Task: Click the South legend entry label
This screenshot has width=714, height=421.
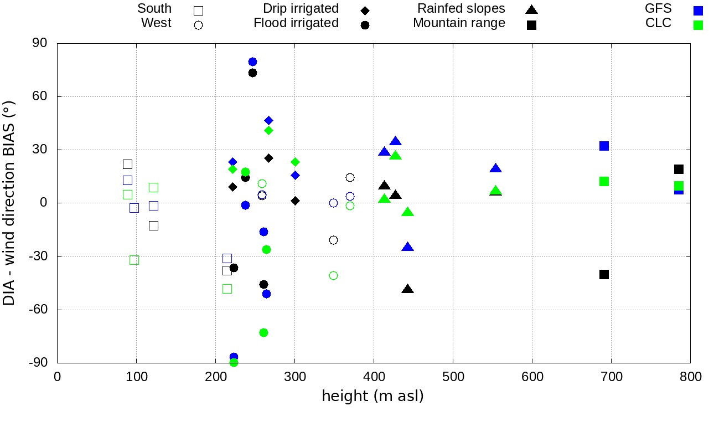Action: (x=154, y=9)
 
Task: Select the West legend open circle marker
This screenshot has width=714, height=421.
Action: (x=198, y=25)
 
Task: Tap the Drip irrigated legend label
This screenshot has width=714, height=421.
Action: (x=301, y=9)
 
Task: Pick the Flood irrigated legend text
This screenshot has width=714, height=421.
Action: (x=296, y=23)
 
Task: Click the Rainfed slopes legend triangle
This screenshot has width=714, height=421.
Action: (x=531, y=9)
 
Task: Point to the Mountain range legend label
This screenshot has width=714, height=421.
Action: (x=459, y=23)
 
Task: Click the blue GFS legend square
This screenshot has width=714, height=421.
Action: (x=698, y=10)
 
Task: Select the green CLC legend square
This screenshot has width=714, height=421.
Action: (x=698, y=25)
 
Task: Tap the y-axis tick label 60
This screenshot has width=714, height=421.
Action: (x=40, y=96)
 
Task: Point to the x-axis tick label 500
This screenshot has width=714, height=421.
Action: (x=453, y=377)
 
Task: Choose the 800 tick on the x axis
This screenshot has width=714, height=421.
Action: (x=690, y=377)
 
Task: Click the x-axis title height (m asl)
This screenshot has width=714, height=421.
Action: (x=372, y=397)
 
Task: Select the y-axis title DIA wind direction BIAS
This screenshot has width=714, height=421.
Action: (x=9, y=203)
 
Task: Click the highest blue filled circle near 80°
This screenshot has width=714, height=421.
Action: (x=252, y=61)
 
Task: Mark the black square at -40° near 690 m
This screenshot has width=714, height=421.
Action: (x=604, y=274)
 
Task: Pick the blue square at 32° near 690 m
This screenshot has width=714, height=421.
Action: (x=604, y=146)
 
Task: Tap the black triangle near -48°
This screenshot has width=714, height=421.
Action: (x=408, y=289)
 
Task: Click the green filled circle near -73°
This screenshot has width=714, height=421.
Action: (x=263, y=332)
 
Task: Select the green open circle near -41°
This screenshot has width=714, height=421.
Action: (x=333, y=275)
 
